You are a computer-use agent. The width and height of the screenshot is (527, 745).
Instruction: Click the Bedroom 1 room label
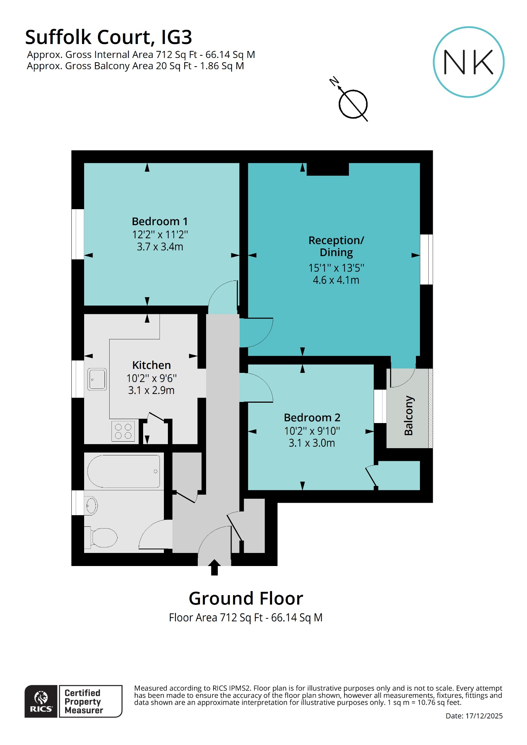click(160, 221)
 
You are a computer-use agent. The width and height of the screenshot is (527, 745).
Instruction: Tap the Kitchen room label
click(151, 365)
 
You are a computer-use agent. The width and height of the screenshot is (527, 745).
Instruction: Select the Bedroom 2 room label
click(312, 417)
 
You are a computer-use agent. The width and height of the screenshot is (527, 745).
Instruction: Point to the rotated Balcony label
click(409, 415)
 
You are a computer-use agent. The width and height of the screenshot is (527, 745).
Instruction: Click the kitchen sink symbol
click(97, 379)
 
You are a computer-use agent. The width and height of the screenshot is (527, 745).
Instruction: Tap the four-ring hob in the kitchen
click(123, 431)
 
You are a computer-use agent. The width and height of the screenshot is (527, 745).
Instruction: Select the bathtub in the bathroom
click(124, 471)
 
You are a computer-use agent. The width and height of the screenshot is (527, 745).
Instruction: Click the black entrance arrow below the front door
click(215, 567)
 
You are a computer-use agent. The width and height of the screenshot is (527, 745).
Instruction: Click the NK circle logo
click(468, 62)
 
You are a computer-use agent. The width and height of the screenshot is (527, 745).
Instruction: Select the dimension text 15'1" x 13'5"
click(336, 268)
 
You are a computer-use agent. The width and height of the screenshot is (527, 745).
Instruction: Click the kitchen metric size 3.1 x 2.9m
click(151, 390)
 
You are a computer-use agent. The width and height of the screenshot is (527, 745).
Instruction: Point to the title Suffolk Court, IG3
click(109, 37)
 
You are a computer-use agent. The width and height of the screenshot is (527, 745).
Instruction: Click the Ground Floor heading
click(246, 598)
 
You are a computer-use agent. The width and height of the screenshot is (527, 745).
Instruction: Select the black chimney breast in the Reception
click(327, 169)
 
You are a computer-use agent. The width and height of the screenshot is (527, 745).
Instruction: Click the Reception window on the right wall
click(426, 259)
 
